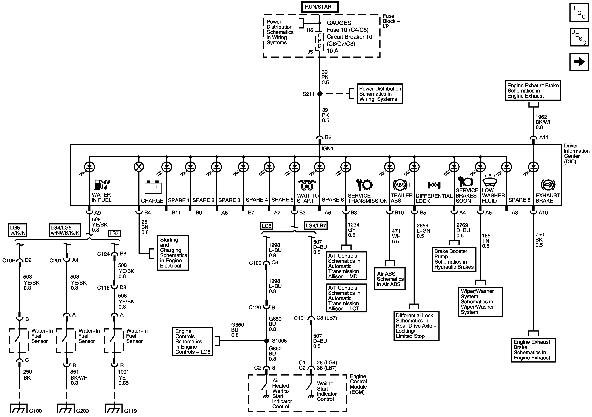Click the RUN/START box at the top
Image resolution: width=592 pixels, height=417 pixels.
pyautogui.click(x=320, y=7)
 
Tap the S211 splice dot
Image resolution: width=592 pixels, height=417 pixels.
pyautogui.click(x=320, y=94)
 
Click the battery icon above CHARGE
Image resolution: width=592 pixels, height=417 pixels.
pyautogui.click(x=153, y=188)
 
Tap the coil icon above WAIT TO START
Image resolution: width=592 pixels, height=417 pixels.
pyautogui.click(x=307, y=185)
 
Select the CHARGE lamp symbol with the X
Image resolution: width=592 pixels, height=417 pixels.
pyautogui.click(x=139, y=167)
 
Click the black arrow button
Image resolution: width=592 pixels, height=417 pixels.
pyautogui.click(x=579, y=62)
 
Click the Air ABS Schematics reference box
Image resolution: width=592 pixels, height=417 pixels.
pyautogui.click(x=390, y=279)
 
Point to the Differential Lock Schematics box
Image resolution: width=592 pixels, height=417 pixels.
pyautogui.click(x=416, y=326)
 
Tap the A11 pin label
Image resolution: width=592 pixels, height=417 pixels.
pyautogui.click(x=543, y=137)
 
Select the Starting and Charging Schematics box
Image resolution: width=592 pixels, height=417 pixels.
pyautogui.click(x=173, y=253)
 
